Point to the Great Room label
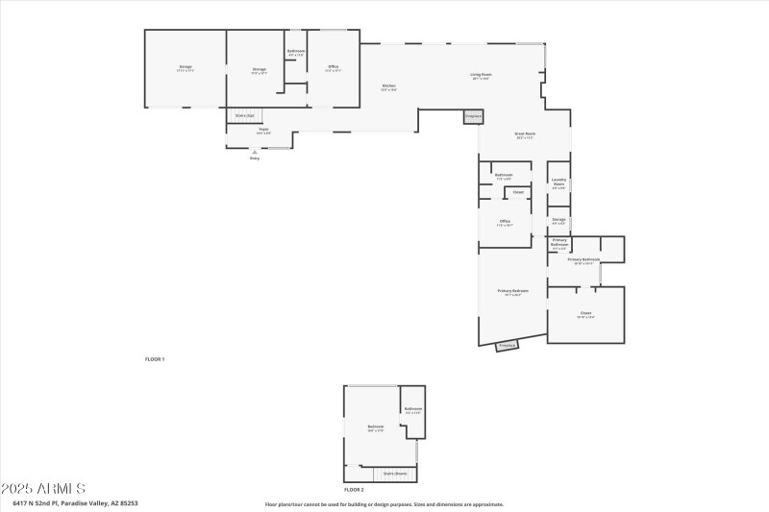click(x=525, y=135)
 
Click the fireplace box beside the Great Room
click(x=473, y=116)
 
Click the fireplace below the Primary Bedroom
click(x=508, y=345)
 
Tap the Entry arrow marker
click(x=255, y=151)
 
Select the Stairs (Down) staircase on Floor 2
click(x=395, y=474)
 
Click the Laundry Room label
click(x=558, y=182)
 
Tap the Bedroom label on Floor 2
click(x=376, y=427)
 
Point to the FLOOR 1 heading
click(x=155, y=358)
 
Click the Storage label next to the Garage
click(x=259, y=69)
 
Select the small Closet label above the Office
click(x=518, y=192)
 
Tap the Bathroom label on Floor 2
click(x=413, y=410)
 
